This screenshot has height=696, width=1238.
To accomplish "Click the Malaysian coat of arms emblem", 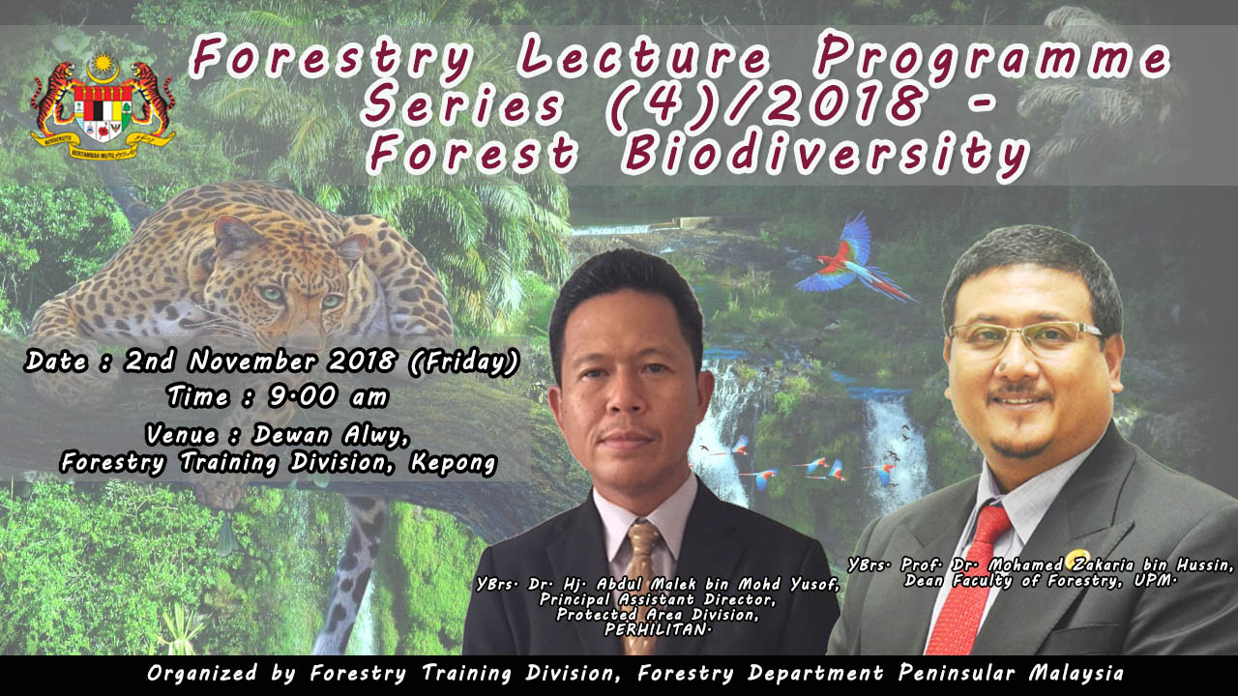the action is (x=103, y=106).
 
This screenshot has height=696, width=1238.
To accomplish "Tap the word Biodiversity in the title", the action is (x=825, y=155).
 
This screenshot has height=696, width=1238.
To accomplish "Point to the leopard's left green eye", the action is (x=272, y=293).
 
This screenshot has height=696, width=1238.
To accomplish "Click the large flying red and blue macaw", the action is (x=854, y=261).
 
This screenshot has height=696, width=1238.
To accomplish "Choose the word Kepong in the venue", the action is (x=453, y=463).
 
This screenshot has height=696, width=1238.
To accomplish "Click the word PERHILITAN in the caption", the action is (x=656, y=629).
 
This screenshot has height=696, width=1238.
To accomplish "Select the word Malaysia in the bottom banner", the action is (x=1076, y=673).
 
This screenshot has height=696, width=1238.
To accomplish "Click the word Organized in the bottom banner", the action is (x=202, y=674).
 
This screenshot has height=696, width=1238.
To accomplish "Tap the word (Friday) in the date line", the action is (x=463, y=362).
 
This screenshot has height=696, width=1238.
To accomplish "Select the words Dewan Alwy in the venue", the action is (x=331, y=435).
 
